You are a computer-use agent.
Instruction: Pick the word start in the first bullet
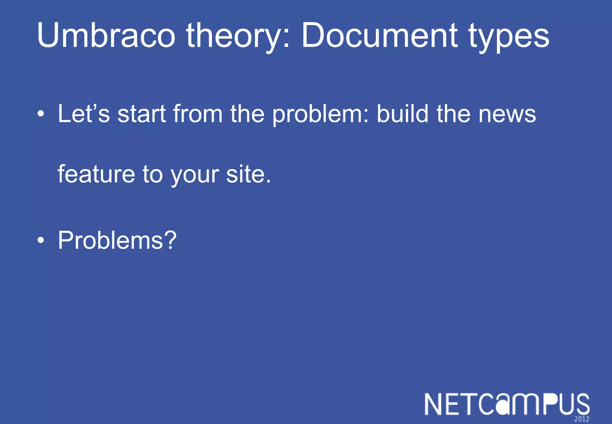coord(142,114)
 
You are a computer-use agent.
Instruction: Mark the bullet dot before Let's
coord(41,114)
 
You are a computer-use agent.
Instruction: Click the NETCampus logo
coord(507,405)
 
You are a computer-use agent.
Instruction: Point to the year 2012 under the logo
coord(581,419)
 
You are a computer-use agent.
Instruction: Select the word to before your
coord(152,175)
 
